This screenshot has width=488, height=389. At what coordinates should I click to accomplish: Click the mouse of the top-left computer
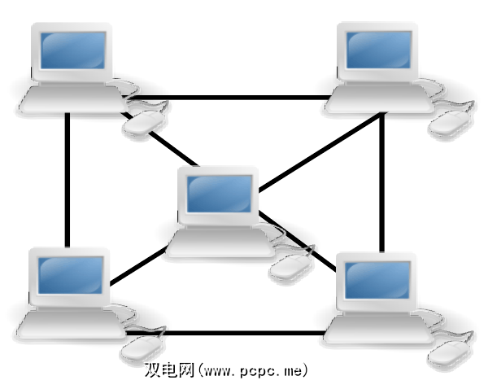click(144, 123)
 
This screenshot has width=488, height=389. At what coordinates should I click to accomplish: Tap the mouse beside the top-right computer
click(450, 122)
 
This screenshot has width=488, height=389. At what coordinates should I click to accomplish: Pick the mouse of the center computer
click(290, 265)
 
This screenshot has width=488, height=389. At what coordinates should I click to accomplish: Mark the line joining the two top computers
click(244, 98)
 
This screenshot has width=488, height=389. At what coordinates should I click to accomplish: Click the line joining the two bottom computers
click(244, 333)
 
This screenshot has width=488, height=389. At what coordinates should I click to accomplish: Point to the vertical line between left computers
click(68, 179)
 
